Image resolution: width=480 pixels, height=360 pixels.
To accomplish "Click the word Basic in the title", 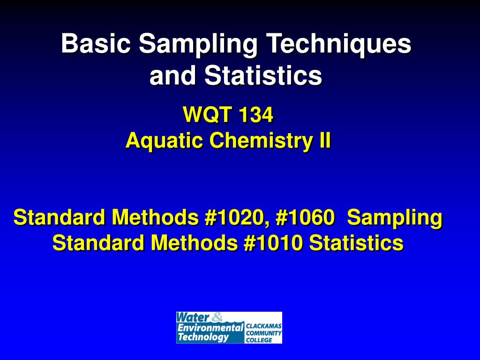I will coord(96,45).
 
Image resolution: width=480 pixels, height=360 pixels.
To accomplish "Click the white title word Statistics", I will coord(263,75).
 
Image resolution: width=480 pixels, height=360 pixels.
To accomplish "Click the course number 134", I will coord(255,115).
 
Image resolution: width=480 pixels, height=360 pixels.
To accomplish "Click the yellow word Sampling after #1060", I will coord(395,218).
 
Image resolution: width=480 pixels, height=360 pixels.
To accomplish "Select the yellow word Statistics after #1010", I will coord(356,243).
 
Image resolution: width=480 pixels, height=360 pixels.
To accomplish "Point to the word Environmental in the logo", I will coord(210,327).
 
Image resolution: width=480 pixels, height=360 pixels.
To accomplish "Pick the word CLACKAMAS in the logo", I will coord(263,325).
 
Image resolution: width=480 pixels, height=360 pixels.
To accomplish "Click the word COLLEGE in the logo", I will coord(259,340).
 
